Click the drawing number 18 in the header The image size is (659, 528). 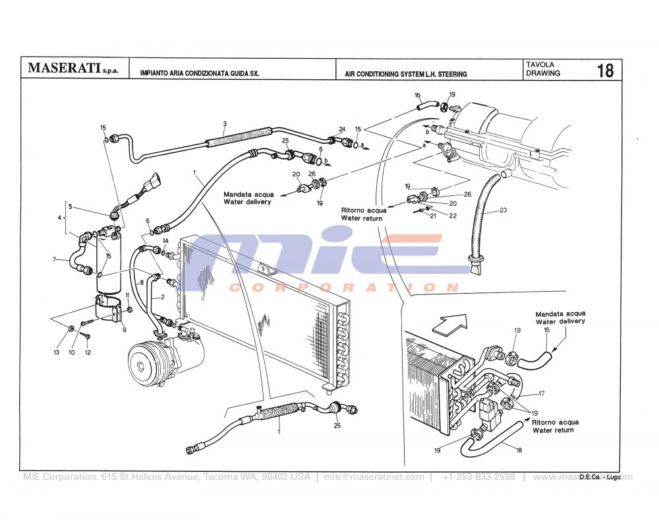605,70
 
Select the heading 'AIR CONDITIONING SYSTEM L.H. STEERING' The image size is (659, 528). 406,74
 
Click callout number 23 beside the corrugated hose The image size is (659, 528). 503,211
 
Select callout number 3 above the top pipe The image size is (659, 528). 225,123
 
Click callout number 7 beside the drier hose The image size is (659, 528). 55,259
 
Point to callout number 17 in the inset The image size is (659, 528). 541,394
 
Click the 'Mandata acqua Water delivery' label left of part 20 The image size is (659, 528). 247,198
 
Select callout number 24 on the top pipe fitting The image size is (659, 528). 342,129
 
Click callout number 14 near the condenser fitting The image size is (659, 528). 166,241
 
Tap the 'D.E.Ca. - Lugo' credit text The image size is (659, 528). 600,477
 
